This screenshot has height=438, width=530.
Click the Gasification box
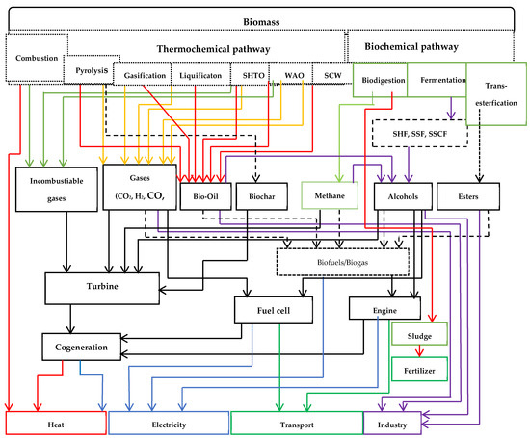click(144, 74)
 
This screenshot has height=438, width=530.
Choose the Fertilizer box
click(418, 369)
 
